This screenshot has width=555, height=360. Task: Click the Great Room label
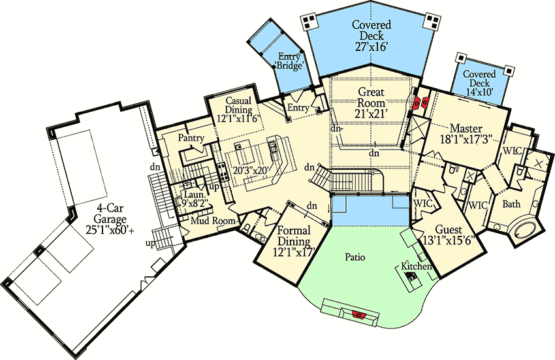click(x=372, y=97)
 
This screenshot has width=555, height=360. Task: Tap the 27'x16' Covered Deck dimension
click(x=372, y=47)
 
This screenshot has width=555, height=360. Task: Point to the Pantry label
click(x=191, y=138)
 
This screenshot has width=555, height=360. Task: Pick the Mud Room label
click(x=213, y=221)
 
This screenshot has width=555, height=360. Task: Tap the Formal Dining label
click(x=294, y=236)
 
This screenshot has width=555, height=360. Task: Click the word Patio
click(x=355, y=257)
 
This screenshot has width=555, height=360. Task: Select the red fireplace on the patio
click(x=358, y=314)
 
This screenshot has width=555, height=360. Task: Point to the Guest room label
click(x=448, y=229)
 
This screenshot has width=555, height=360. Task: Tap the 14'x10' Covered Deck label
click(x=480, y=78)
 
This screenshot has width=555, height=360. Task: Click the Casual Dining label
click(x=238, y=105)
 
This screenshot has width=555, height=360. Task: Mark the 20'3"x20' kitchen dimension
click(x=252, y=169)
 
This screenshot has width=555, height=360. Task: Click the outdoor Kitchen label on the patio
click(x=417, y=266)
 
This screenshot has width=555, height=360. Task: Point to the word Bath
click(x=511, y=204)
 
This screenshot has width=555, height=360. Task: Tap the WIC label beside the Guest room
click(x=423, y=204)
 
